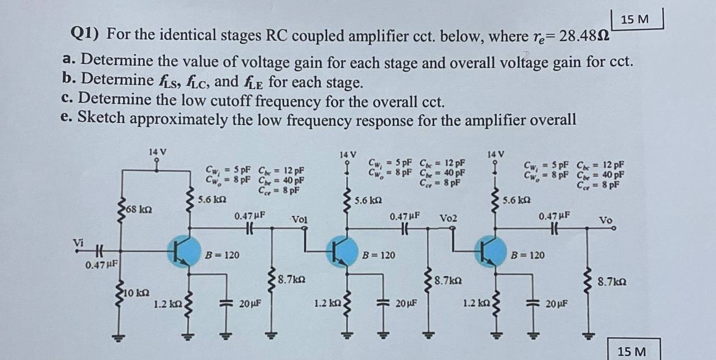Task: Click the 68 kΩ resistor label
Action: (x=137, y=210)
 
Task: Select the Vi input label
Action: (x=79, y=242)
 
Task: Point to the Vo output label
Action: (x=606, y=220)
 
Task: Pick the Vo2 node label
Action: (x=448, y=218)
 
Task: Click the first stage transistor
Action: (x=184, y=252)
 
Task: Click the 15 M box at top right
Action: (x=635, y=19)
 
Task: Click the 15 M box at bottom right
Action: (x=632, y=352)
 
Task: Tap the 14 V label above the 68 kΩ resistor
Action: (x=157, y=151)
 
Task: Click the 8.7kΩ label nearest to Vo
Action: (x=612, y=282)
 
